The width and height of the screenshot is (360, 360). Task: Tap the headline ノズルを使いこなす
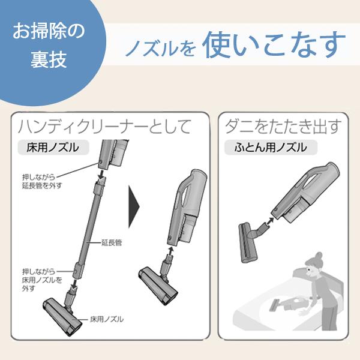point(235,44)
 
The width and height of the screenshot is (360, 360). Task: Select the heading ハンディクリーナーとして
point(104,127)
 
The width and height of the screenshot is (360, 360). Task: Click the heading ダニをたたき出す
point(282,127)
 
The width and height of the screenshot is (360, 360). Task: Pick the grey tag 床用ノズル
point(53,148)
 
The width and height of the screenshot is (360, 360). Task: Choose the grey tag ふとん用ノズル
point(271,148)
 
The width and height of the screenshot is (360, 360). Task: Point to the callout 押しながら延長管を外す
point(42,181)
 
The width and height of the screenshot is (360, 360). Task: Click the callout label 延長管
point(112,242)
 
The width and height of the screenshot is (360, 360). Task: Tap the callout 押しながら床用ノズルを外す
point(42,280)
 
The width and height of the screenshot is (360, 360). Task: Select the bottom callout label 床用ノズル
point(107,319)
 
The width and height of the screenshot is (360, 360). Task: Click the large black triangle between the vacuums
point(134,206)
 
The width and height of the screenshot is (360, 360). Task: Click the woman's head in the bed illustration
point(315,264)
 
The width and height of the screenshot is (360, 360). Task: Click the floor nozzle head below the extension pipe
point(62,316)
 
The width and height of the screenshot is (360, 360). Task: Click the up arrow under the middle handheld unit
point(170,251)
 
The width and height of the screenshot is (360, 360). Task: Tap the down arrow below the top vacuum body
point(101,176)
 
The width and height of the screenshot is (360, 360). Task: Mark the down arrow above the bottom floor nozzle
point(74,284)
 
